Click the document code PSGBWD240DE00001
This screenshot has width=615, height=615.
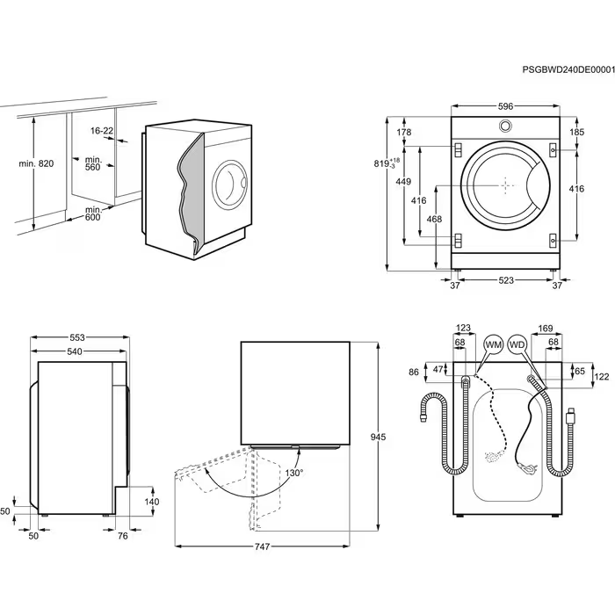click(x=568, y=69)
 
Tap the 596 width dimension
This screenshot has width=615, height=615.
click(x=505, y=106)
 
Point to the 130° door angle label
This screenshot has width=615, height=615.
click(x=293, y=473)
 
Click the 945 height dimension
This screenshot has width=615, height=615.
click(x=379, y=436)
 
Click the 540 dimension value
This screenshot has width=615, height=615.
click(x=75, y=352)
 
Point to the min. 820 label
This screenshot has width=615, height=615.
click(x=36, y=164)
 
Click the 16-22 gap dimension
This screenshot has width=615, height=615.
click(x=102, y=130)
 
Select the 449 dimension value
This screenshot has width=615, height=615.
click(x=403, y=182)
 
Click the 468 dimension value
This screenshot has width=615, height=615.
click(x=434, y=219)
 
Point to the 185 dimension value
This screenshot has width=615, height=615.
click(x=576, y=132)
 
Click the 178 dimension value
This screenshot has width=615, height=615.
click(x=404, y=132)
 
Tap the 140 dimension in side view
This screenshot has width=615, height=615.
click(x=153, y=502)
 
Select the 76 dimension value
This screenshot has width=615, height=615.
click(x=123, y=535)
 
